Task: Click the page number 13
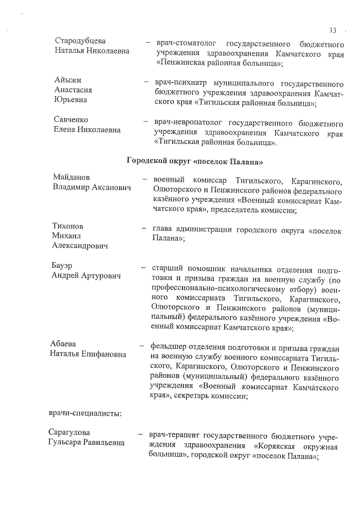333,30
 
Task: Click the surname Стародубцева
80,41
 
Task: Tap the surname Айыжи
67,79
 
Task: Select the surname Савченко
71,120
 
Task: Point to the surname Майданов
73,177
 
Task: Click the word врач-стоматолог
186,44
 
